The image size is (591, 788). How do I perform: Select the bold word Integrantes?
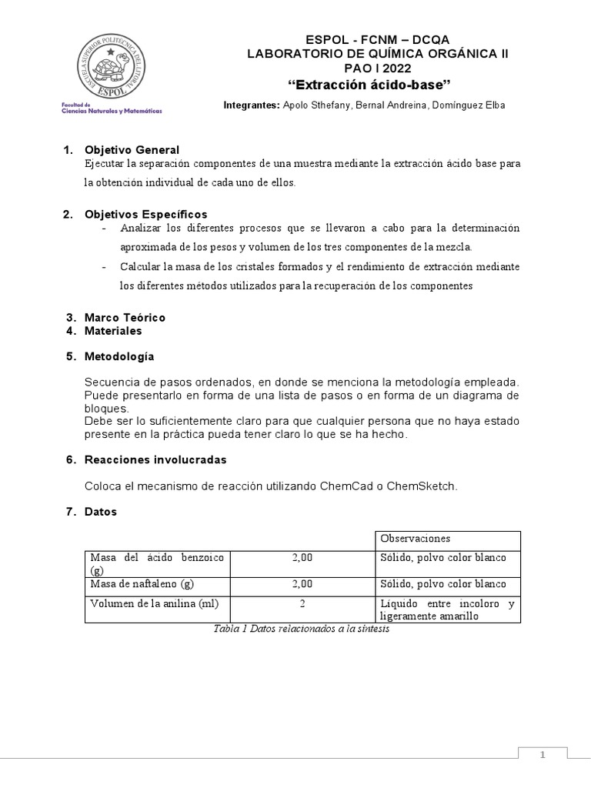point(251,105)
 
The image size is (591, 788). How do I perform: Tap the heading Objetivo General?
point(132,150)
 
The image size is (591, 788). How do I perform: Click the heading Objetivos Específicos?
point(145,214)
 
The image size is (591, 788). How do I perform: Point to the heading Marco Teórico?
point(125,317)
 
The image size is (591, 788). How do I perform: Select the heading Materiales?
point(113,331)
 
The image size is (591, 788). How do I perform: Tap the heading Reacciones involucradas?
point(155,459)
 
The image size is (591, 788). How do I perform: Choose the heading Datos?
point(101,512)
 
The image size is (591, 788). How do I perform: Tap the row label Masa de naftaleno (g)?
point(142,584)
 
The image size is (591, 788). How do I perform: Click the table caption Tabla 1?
point(301,629)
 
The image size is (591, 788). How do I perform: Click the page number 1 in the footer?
point(543,756)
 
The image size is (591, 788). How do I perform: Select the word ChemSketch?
point(421,486)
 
